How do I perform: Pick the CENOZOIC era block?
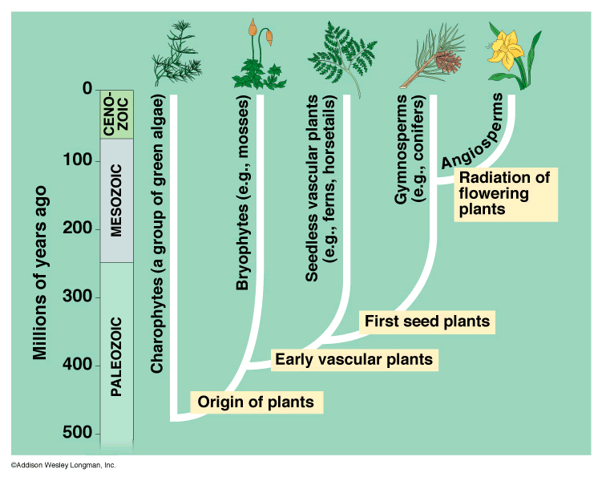click(x=115, y=115)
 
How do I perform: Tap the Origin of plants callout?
click(x=256, y=402)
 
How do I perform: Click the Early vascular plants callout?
click(x=354, y=359)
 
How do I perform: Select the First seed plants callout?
click(x=426, y=322)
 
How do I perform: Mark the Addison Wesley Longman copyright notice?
click(x=63, y=466)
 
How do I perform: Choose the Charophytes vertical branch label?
click(x=158, y=235)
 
